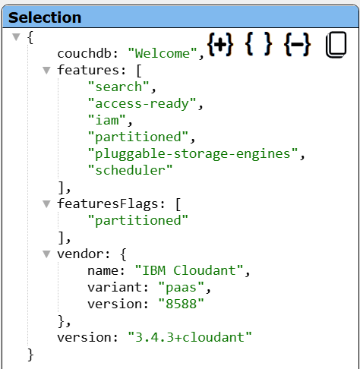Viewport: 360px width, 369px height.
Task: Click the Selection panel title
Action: [45, 17]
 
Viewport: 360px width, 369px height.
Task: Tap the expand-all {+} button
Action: [220, 44]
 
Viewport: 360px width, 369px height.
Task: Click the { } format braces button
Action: [258, 44]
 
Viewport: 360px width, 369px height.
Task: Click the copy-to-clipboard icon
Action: [336, 45]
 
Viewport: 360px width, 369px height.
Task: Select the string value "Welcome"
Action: [163, 53]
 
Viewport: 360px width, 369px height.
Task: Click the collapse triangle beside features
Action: [46, 70]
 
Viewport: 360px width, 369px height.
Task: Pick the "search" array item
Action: [118, 87]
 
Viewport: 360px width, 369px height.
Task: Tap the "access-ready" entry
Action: [142, 103]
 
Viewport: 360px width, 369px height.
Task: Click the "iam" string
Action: [106, 120]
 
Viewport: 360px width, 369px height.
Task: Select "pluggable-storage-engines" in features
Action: [193, 153]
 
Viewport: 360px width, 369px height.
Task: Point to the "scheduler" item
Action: [130, 170]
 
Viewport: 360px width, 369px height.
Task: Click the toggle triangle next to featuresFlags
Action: [46, 203]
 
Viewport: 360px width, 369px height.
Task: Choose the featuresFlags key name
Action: [108, 203]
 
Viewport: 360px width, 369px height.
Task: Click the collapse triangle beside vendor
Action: [46, 254]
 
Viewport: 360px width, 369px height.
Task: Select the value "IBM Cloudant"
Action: [189, 270]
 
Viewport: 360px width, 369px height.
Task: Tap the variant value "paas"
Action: [181, 287]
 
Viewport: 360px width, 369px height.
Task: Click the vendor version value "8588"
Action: [181, 304]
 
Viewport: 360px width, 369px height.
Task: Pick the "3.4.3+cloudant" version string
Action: [190, 337]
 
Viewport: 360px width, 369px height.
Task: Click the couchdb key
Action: [84, 53]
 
